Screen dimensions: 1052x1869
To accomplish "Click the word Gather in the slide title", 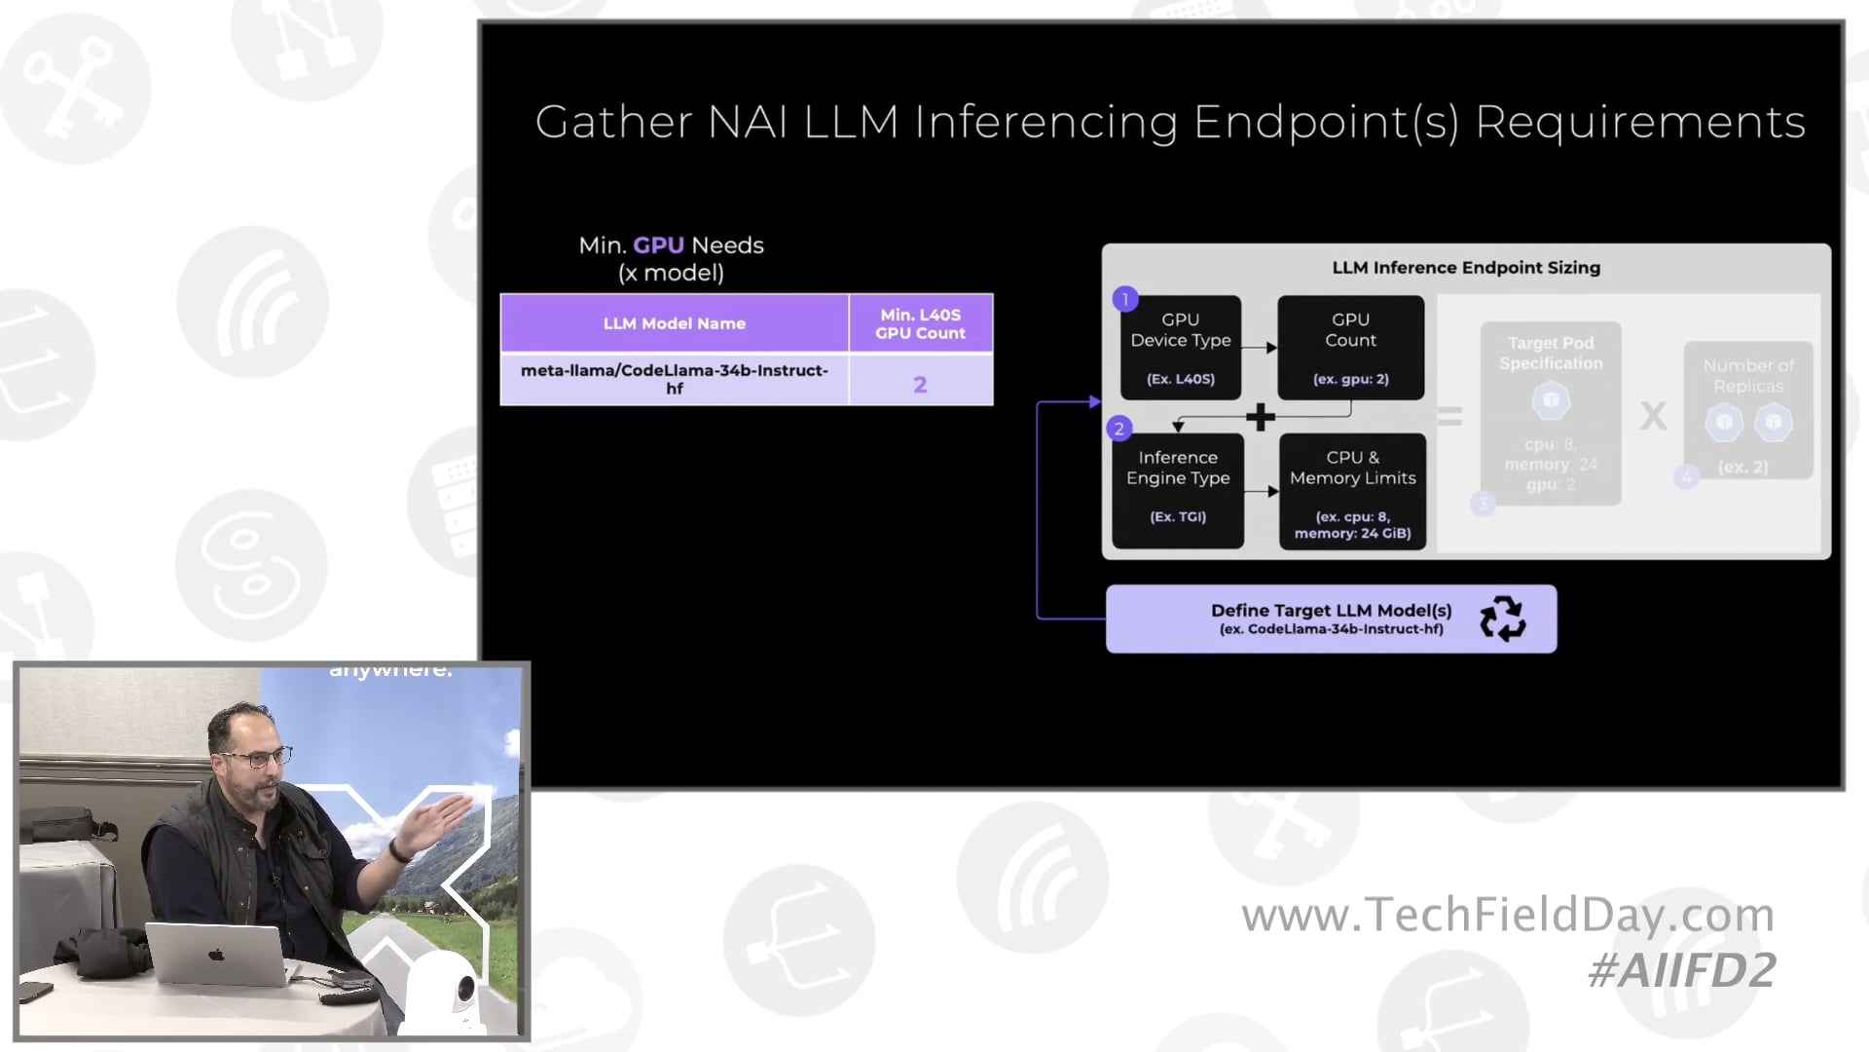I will pos(613,123).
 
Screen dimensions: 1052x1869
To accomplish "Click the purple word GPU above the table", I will pos(658,245).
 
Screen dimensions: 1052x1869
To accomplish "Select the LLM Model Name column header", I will pos(674,323).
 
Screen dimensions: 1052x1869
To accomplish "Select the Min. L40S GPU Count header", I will pos(920,323).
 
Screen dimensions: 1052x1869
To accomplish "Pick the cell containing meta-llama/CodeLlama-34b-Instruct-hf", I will pos(674,379).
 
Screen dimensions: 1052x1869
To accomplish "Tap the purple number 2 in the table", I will pos(920,385).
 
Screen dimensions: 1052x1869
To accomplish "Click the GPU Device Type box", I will pos(1180,348).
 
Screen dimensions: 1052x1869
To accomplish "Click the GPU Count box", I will pos(1350,348).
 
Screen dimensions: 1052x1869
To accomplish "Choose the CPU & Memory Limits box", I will pos(1352,492).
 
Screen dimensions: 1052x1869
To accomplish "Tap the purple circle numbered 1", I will pos(1125,299).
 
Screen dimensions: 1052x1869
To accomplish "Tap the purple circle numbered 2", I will pos(1118,429).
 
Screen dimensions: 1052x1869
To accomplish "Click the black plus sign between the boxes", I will pos(1261,417).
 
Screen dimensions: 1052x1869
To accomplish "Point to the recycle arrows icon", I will pos(1502,619).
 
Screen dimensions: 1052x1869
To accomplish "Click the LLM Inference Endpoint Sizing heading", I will pos(1465,268).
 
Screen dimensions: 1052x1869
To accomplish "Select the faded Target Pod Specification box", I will pos(1550,413).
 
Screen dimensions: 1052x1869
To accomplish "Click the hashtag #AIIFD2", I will pos(1681,970).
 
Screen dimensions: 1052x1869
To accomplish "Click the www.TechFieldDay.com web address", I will pos(1508,915).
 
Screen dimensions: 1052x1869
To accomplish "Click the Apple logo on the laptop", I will pos(216,955).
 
